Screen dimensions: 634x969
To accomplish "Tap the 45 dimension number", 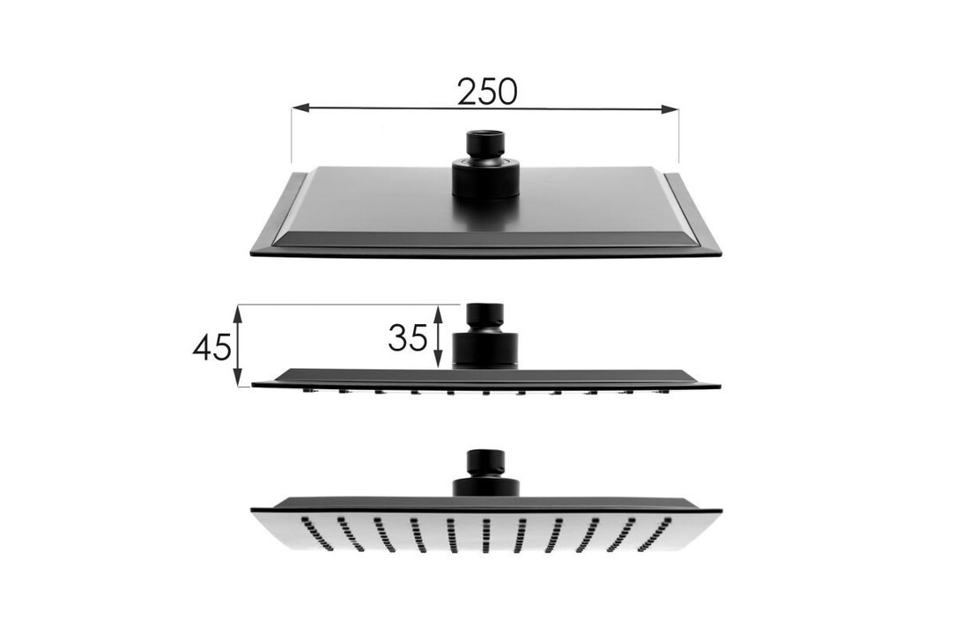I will click(x=211, y=347).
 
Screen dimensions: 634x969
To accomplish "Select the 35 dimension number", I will click(x=408, y=336).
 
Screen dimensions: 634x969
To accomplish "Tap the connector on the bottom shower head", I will click(x=484, y=475).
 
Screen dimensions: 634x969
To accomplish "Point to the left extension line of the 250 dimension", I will click(x=292, y=136).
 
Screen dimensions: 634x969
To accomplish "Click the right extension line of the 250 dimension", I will click(x=679, y=136).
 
